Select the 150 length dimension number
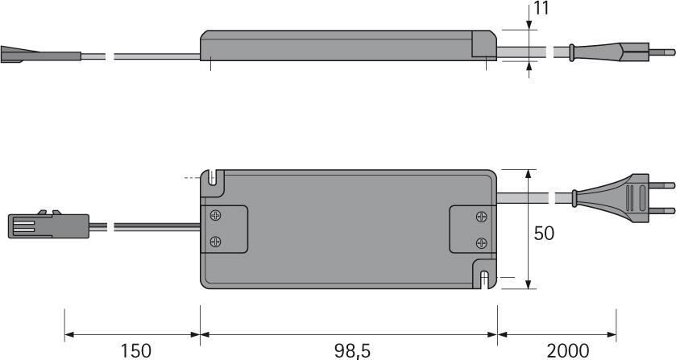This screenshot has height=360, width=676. click(x=136, y=350)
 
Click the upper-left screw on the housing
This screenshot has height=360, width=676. click(x=216, y=216)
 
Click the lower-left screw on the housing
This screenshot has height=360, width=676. click(x=216, y=242)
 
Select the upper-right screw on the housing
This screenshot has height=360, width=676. click(x=481, y=216)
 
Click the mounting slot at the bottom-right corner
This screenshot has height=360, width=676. click(x=483, y=279)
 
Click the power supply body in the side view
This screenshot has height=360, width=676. click(x=346, y=46)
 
